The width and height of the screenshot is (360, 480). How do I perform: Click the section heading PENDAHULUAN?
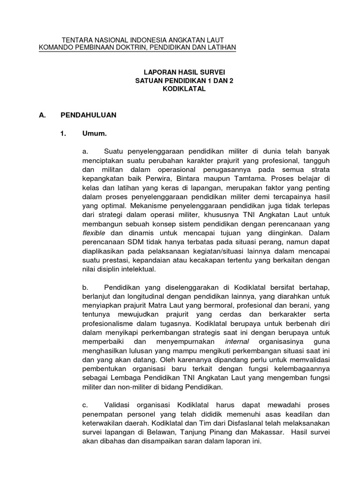coord(89,114)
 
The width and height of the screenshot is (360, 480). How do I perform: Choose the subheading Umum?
coord(95,134)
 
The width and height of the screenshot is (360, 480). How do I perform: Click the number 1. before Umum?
coord(64,134)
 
